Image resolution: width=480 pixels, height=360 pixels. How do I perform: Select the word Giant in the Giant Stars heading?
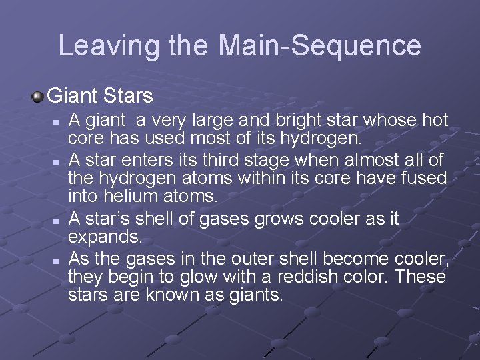pos(73,96)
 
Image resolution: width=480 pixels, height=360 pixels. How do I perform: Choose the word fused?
pos(421,177)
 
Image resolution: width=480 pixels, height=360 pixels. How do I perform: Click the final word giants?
pos(255,295)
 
